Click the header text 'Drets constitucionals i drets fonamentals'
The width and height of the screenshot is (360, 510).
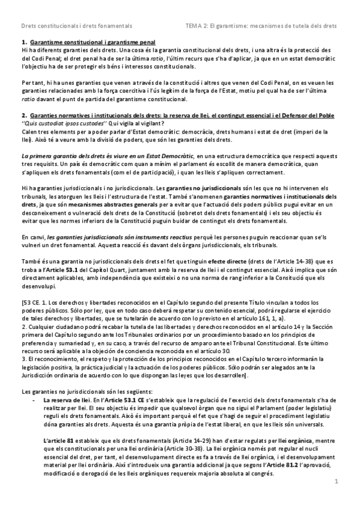click(x=76, y=26)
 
